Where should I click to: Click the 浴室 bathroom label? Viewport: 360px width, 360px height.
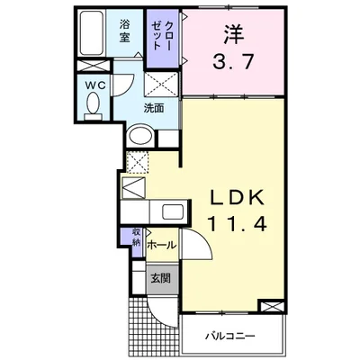coord(124,31)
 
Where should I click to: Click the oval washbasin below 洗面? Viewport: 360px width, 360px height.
coord(139,136)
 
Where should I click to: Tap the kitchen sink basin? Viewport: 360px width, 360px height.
coord(169,213)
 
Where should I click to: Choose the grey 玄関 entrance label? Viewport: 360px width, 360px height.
coord(160,278)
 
